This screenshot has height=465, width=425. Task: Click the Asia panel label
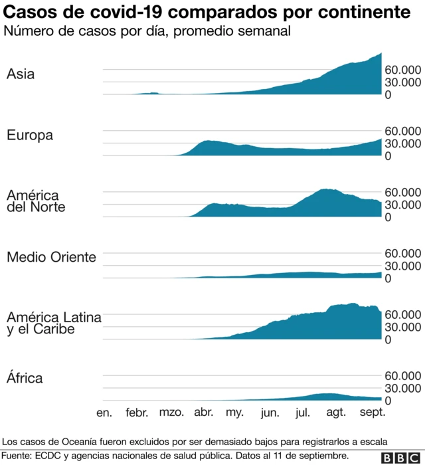pyautogui.click(x=21, y=74)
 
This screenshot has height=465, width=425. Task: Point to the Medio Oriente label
pyautogui.click(x=51, y=257)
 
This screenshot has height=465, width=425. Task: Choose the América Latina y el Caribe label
pyautogui.click(x=54, y=324)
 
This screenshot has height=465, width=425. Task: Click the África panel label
pyautogui.click(x=25, y=379)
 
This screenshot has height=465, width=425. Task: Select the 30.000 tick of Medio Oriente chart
pyautogui.click(x=402, y=266)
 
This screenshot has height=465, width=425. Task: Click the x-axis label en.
pyautogui.click(x=104, y=413)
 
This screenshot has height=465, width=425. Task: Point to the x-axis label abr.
pyautogui.click(x=203, y=413)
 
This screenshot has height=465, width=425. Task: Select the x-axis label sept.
pyautogui.click(x=372, y=413)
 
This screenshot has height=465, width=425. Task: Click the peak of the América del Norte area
pyautogui.click(x=325, y=190)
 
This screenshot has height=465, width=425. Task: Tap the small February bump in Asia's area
pyautogui.click(x=153, y=93)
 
